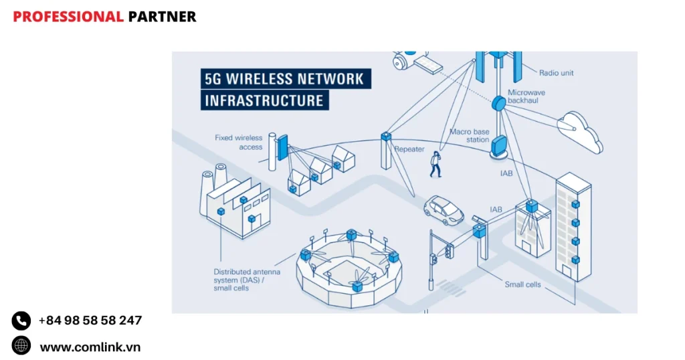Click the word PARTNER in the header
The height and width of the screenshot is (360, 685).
(162, 17)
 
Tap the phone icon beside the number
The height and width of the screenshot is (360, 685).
(21, 321)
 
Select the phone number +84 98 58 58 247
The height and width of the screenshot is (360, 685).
(90, 321)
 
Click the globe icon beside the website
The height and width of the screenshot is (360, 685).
(21, 346)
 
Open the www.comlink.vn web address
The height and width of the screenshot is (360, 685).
(90, 347)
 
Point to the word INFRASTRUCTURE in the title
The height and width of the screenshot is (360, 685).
(264, 101)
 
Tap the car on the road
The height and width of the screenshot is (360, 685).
(444, 209)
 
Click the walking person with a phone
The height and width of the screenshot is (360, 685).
(435, 164)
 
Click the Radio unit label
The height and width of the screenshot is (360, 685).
(557, 73)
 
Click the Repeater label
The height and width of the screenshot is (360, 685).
(409, 149)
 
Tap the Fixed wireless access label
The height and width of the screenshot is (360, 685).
(239, 142)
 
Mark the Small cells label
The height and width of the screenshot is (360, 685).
(522, 284)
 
